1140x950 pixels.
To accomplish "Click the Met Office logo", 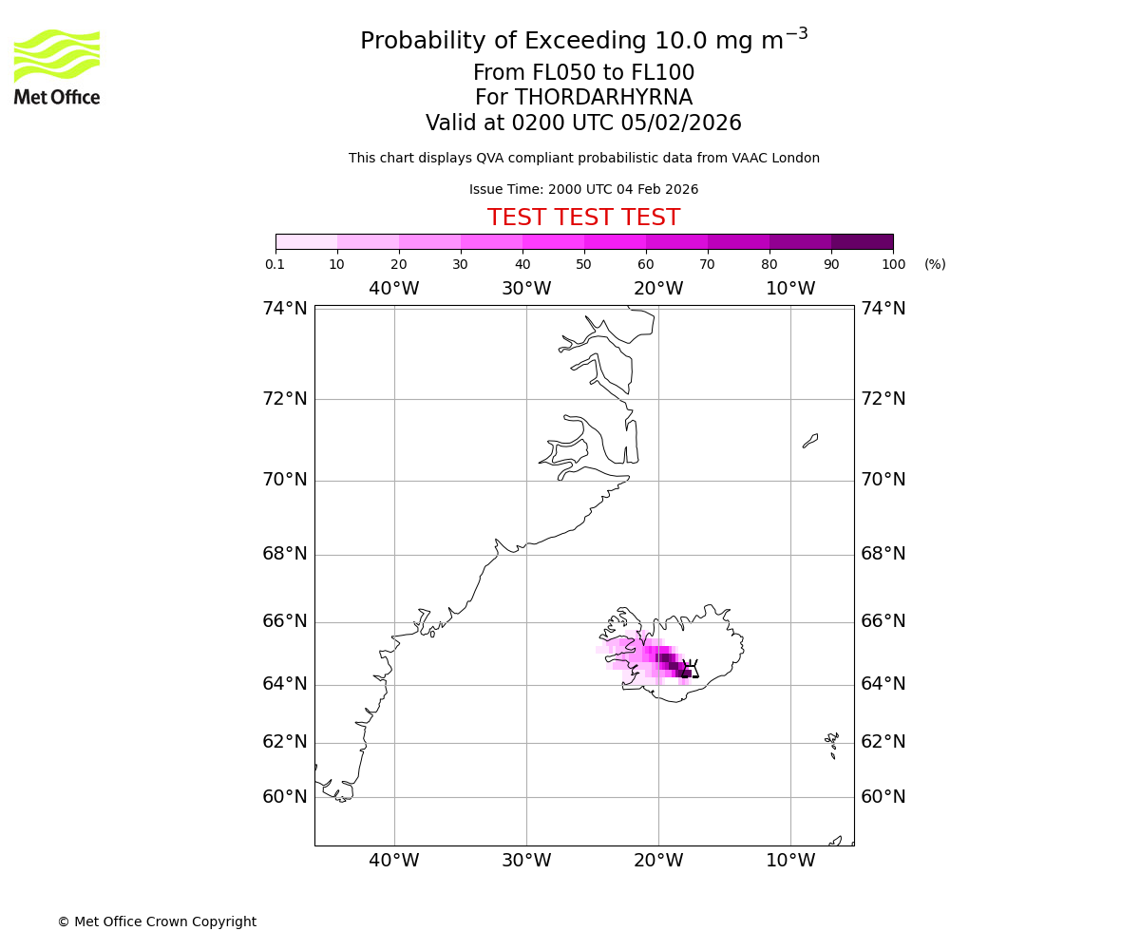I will [57, 66].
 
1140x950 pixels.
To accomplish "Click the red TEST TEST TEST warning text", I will [583, 218].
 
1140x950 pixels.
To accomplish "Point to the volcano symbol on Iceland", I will [691, 669].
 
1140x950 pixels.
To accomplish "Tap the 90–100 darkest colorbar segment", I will [862, 241].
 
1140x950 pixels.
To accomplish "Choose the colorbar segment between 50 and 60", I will [615, 241].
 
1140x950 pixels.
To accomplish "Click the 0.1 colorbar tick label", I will [275, 264].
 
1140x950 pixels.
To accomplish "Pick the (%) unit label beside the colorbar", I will [935, 264].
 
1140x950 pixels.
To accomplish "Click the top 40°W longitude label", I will [394, 289].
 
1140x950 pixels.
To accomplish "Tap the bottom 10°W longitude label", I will [790, 861].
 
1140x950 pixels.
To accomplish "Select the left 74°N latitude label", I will [285, 309].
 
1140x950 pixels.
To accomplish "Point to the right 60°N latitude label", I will [883, 797].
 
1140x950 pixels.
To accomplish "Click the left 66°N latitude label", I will [285, 621].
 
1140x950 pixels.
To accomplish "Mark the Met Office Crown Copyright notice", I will [157, 921].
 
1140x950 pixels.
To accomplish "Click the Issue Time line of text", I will [583, 189].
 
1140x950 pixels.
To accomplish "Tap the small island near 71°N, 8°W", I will [810, 441].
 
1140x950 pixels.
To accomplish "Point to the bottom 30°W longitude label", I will [526, 861].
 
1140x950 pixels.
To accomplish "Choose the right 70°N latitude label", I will [883, 480].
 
